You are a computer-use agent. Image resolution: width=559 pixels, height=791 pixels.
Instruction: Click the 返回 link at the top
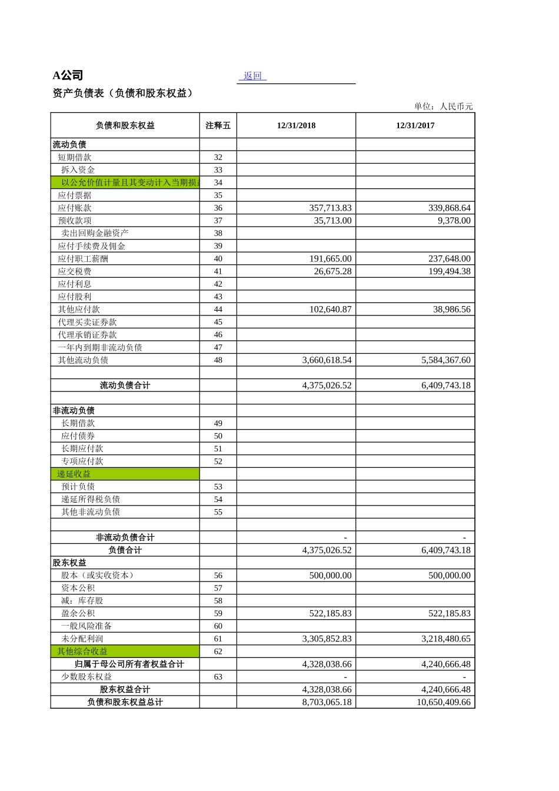(x=252, y=76)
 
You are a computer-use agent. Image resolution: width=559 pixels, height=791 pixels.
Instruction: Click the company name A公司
(x=68, y=75)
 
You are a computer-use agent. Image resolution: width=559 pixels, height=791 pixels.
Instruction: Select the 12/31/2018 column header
(x=296, y=125)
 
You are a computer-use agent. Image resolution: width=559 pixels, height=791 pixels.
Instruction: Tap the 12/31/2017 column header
(x=415, y=125)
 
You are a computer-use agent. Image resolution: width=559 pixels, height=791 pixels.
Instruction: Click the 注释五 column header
(x=218, y=125)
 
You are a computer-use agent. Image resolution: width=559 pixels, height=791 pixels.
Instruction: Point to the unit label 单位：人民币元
(x=443, y=107)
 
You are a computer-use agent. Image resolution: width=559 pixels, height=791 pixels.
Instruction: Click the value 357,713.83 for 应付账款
(x=330, y=208)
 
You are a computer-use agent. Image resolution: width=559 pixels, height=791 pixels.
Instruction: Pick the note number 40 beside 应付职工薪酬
(x=218, y=259)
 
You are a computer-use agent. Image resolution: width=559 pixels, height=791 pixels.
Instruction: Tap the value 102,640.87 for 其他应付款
(x=330, y=310)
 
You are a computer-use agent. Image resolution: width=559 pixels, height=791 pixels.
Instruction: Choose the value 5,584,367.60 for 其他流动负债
(x=445, y=360)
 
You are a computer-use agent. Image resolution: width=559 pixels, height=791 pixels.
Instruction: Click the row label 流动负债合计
(x=125, y=385)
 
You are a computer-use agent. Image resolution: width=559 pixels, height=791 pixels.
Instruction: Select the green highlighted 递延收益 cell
(x=125, y=474)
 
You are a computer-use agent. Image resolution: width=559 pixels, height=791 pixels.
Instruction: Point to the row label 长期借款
(x=78, y=423)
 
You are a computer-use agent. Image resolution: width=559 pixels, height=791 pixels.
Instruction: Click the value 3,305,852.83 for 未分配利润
(x=327, y=639)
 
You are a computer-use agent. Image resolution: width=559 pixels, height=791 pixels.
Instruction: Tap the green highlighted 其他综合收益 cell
(x=125, y=652)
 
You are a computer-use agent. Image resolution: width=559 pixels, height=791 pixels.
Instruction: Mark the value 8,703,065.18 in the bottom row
(x=327, y=702)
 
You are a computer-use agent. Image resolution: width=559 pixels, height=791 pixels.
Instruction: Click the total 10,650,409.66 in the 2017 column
(x=443, y=702)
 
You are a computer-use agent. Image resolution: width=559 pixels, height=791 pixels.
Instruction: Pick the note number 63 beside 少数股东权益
(x=218, y=677)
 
